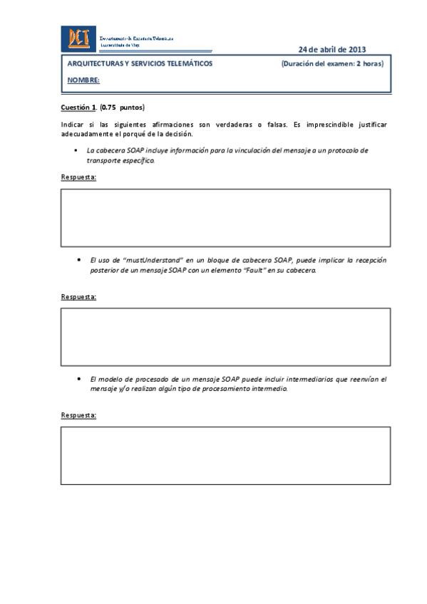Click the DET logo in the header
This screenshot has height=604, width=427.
tap(78, 38)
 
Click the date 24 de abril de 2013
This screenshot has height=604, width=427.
tap(331, 49)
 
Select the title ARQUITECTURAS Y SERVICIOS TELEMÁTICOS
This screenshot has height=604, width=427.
tap(140, 63)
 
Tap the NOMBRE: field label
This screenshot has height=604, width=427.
tap(83, 80)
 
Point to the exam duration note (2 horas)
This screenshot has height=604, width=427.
tap(332, 63)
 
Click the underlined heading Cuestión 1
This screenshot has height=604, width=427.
tap(77, 108)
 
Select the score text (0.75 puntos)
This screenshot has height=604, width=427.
tap(122, 108)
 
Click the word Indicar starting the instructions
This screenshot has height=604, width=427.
tap(72, 125)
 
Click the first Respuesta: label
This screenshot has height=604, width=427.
tap(78, 177)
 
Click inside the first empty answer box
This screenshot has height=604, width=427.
tap(225, 217)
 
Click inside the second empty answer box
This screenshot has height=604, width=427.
tap(225, 336)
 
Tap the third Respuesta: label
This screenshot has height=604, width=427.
tap(78, 415)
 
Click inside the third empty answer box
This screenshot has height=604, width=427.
tap(225, 455)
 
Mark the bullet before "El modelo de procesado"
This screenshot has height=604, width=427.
tap(78, 380)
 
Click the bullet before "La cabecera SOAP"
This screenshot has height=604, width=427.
tap(76, 151)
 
